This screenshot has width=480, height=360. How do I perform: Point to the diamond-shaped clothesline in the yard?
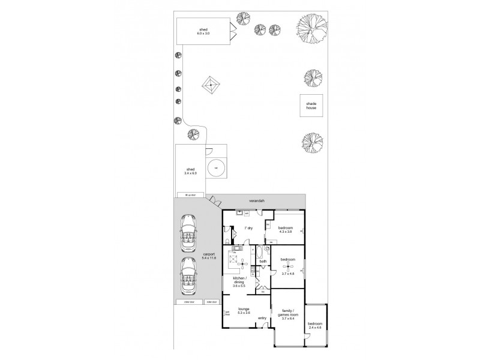[x=211, y=86]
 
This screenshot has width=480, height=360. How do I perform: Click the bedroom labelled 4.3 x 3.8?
[x=286, y=230]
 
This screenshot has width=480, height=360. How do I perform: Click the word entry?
[x=262, y=318]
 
